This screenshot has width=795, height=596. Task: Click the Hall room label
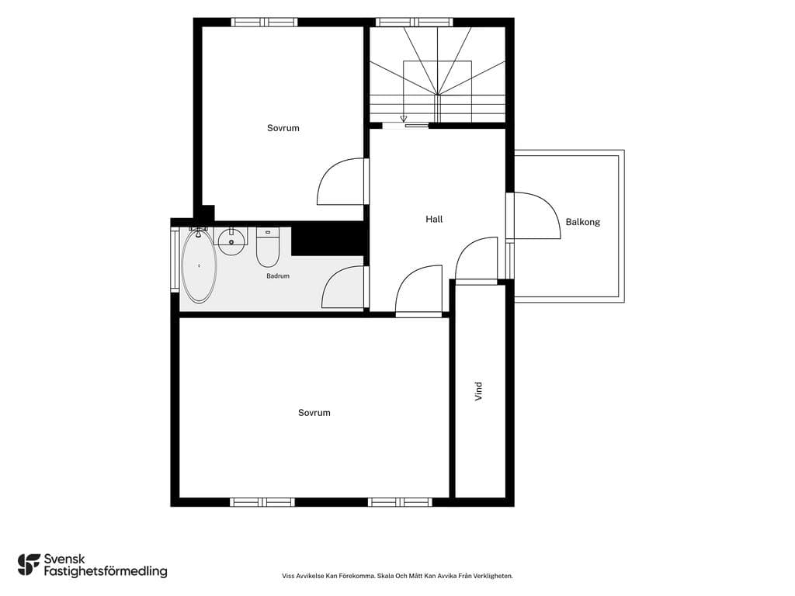coord(434,219)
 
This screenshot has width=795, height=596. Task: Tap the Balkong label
coord(582,222)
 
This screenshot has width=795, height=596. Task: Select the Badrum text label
coord(278,276)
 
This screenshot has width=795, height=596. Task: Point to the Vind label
coord(478,391)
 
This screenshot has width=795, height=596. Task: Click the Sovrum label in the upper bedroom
coord(283,128)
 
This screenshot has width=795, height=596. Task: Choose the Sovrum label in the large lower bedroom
coord(314,413)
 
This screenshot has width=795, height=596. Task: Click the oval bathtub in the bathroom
coord(199,265)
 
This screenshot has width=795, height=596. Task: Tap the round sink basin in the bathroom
coord(231,242)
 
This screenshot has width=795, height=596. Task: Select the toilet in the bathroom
coord(268,248)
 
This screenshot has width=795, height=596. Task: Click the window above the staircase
coord(415,23)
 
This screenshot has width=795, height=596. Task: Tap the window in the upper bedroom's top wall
coord(264,23)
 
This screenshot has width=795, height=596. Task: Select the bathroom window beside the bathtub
coord(175,259)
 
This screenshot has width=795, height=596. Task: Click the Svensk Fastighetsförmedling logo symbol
coord(29,565)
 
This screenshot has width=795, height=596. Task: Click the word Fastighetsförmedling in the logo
coord(106,572)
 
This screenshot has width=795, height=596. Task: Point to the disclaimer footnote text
coord(397,576)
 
